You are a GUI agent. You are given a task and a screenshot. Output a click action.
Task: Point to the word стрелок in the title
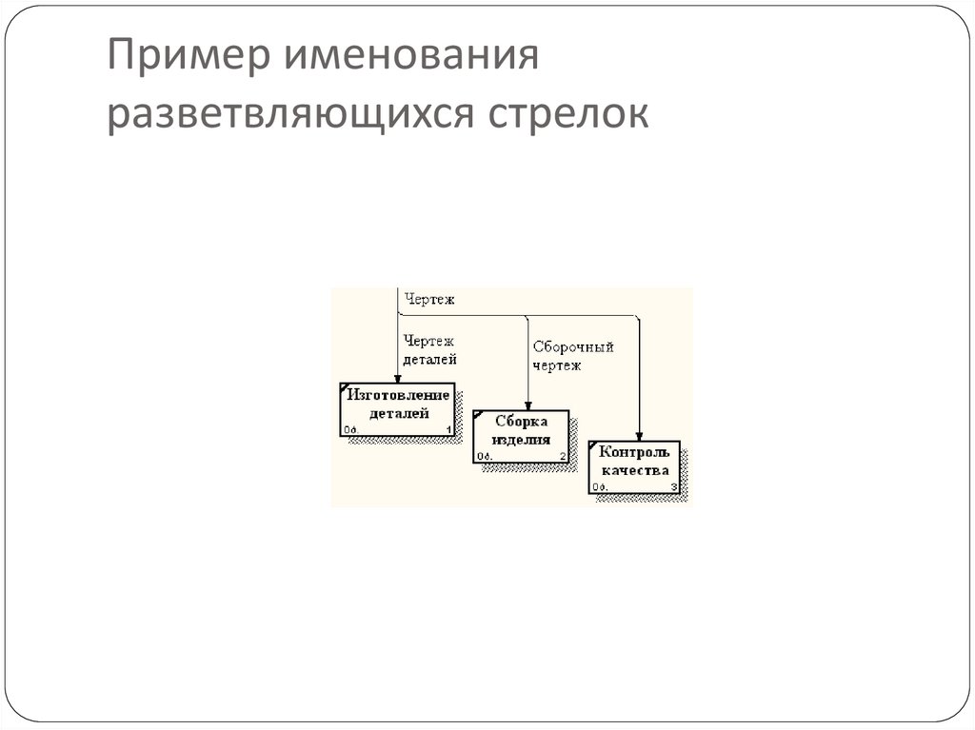tap(568, 116)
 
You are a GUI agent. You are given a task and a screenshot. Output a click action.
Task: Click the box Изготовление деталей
tap(397, 409)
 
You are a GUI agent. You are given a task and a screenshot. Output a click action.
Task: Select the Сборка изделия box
tap(521, 436)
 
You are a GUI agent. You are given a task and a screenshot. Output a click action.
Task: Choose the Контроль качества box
tap(635, 467)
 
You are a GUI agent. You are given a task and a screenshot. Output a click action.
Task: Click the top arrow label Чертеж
tap(429, 300)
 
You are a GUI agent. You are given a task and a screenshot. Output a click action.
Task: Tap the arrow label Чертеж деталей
tap(429, 349)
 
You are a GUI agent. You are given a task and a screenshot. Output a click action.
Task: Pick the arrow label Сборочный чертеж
tap(572, 356)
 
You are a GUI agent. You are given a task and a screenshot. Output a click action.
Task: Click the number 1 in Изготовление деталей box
tap(448, 430)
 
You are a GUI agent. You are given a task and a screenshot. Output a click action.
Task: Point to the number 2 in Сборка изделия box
tap(563, 457)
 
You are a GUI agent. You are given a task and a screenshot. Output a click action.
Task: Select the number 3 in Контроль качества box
tap(674, 488)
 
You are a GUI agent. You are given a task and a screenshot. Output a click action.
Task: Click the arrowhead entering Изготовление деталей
tap(397, 378)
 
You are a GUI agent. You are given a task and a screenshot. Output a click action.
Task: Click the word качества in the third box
tap(635, 470)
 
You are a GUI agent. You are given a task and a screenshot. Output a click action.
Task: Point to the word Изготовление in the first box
tap(399, 395)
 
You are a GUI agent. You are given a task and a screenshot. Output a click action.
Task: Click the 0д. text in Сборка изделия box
tap(484, 457)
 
